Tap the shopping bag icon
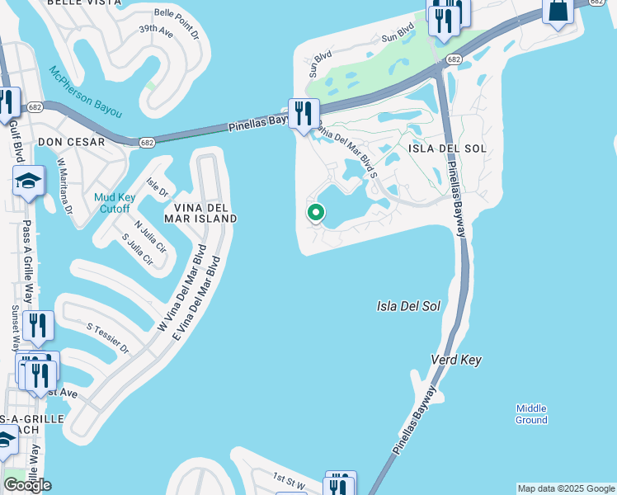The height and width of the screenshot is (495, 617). (558, 12)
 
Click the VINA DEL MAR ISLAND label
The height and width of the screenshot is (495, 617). (200, 212)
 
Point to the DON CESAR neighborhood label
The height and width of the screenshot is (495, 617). (71, 142)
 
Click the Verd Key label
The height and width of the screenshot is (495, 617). (456, 361)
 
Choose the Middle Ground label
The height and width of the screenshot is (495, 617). (531, 414)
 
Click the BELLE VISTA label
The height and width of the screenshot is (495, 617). (78, 3)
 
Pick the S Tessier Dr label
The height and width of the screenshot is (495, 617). (108, 337)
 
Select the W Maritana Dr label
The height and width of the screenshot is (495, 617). (65, 186)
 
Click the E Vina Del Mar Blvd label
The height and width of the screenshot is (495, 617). (197, 303)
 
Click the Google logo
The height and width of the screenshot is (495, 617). (27, 485)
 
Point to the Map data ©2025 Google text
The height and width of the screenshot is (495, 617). (566, 488)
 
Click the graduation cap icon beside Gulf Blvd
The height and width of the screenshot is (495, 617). (29, 181)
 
